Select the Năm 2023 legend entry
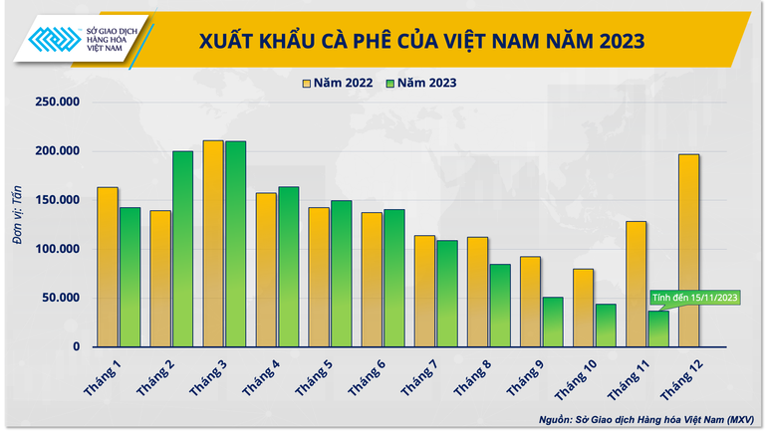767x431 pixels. (x=422, y=84)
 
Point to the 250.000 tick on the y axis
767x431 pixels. (x=58, y=103)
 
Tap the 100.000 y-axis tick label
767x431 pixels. (x=58, y=249)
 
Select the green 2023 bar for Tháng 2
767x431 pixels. (x=182, y=249)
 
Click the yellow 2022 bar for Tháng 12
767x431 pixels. (x=687, y=251)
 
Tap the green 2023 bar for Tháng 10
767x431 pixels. (x=606, y=325)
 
